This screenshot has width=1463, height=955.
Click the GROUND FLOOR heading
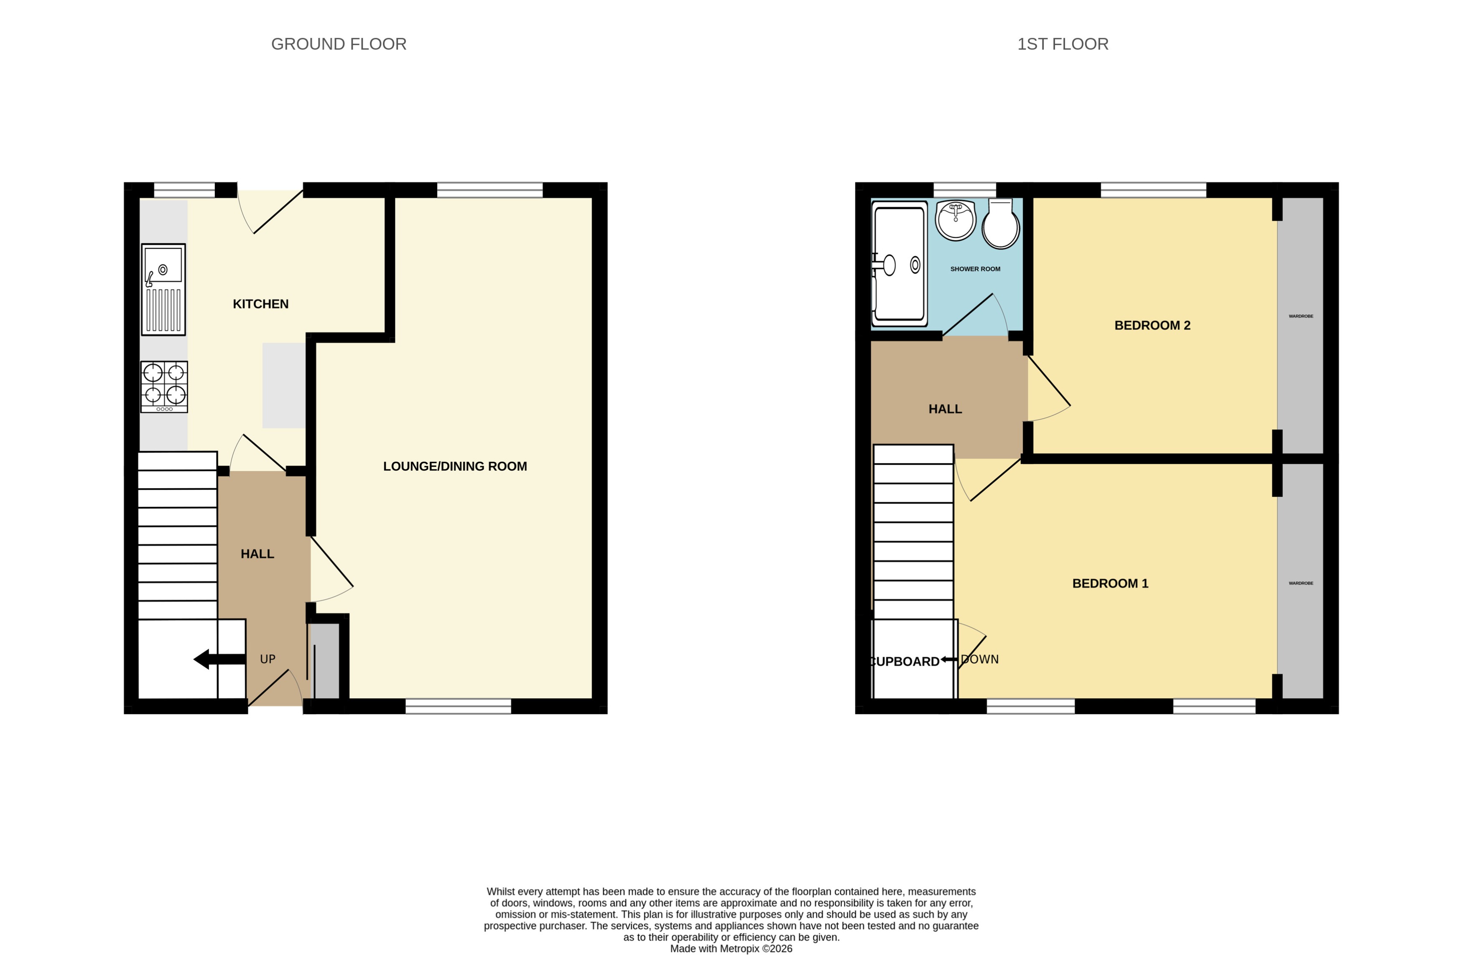pos(339,44)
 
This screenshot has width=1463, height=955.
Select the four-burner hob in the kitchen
pos(164,387)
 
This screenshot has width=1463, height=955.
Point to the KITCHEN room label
pos(261,303)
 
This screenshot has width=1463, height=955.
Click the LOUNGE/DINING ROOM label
pos(455,466)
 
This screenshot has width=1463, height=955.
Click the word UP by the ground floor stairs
pos(268,659)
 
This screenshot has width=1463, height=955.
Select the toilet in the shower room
pos(1000,224)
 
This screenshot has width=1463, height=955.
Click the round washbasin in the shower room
pos(955,220)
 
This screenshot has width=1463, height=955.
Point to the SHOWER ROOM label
pos(975,269)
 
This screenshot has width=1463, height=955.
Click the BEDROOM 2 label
pos(1152,325)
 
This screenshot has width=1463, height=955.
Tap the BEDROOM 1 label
pos(1110,583)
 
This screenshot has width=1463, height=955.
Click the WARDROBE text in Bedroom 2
pos(1301,316)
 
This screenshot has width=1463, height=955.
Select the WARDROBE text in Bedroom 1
pos(1301,583)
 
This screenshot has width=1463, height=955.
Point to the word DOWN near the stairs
pos(980,659)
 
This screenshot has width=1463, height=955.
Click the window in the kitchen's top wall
pos(184,190)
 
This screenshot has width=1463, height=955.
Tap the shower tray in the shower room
pos(899,264)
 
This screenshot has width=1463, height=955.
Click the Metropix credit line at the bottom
pos(731,948)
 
